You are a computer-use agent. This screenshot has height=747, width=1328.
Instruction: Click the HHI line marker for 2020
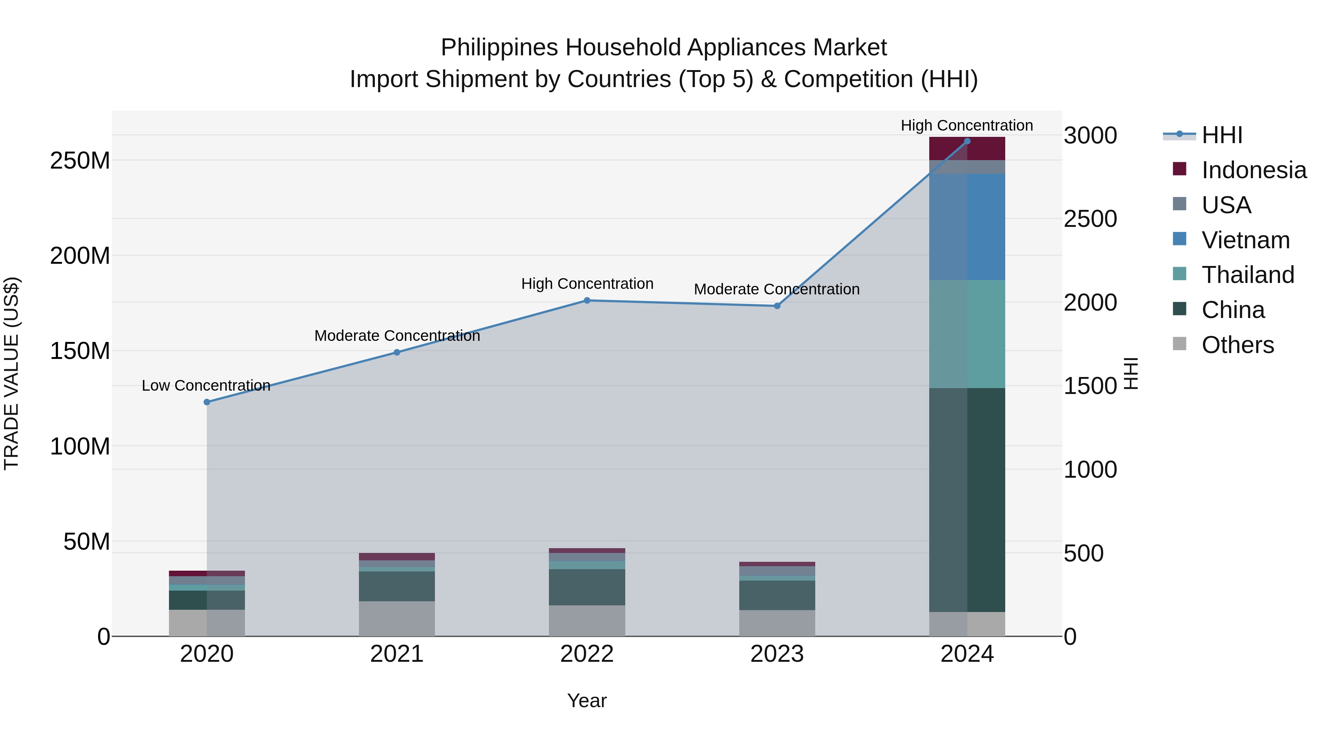[207, 402]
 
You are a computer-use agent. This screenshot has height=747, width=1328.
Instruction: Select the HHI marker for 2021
[397, 353]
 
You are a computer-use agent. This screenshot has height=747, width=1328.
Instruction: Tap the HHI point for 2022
[587, 301]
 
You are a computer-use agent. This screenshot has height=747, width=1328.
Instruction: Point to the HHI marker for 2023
[777, 306]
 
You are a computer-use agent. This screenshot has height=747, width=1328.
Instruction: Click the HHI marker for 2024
[967, 141]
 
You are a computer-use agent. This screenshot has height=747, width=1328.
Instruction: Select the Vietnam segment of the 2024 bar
[967, 227]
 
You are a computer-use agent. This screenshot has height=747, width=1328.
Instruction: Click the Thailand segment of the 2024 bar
[967, 334]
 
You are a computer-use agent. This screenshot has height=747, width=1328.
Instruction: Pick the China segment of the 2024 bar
[967, 500]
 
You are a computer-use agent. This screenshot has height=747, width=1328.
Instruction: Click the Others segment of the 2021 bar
[397, 619]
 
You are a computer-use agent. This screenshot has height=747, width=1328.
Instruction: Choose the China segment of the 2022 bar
[587, 587]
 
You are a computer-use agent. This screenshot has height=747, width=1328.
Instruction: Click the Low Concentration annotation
[206, 385]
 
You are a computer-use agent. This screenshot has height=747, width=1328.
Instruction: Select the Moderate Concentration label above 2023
[777, 289]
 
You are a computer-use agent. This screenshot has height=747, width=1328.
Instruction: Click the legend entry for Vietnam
[1245, 240]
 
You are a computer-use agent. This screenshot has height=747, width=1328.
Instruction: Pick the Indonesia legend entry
[1254, 170]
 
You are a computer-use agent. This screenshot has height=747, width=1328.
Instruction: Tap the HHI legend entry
[1222, 135]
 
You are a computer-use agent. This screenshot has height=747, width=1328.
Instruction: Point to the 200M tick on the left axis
[80, 256]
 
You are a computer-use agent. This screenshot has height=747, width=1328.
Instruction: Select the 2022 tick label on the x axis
[587, 654]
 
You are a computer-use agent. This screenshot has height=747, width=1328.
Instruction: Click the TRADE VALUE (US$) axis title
[11, 373]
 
